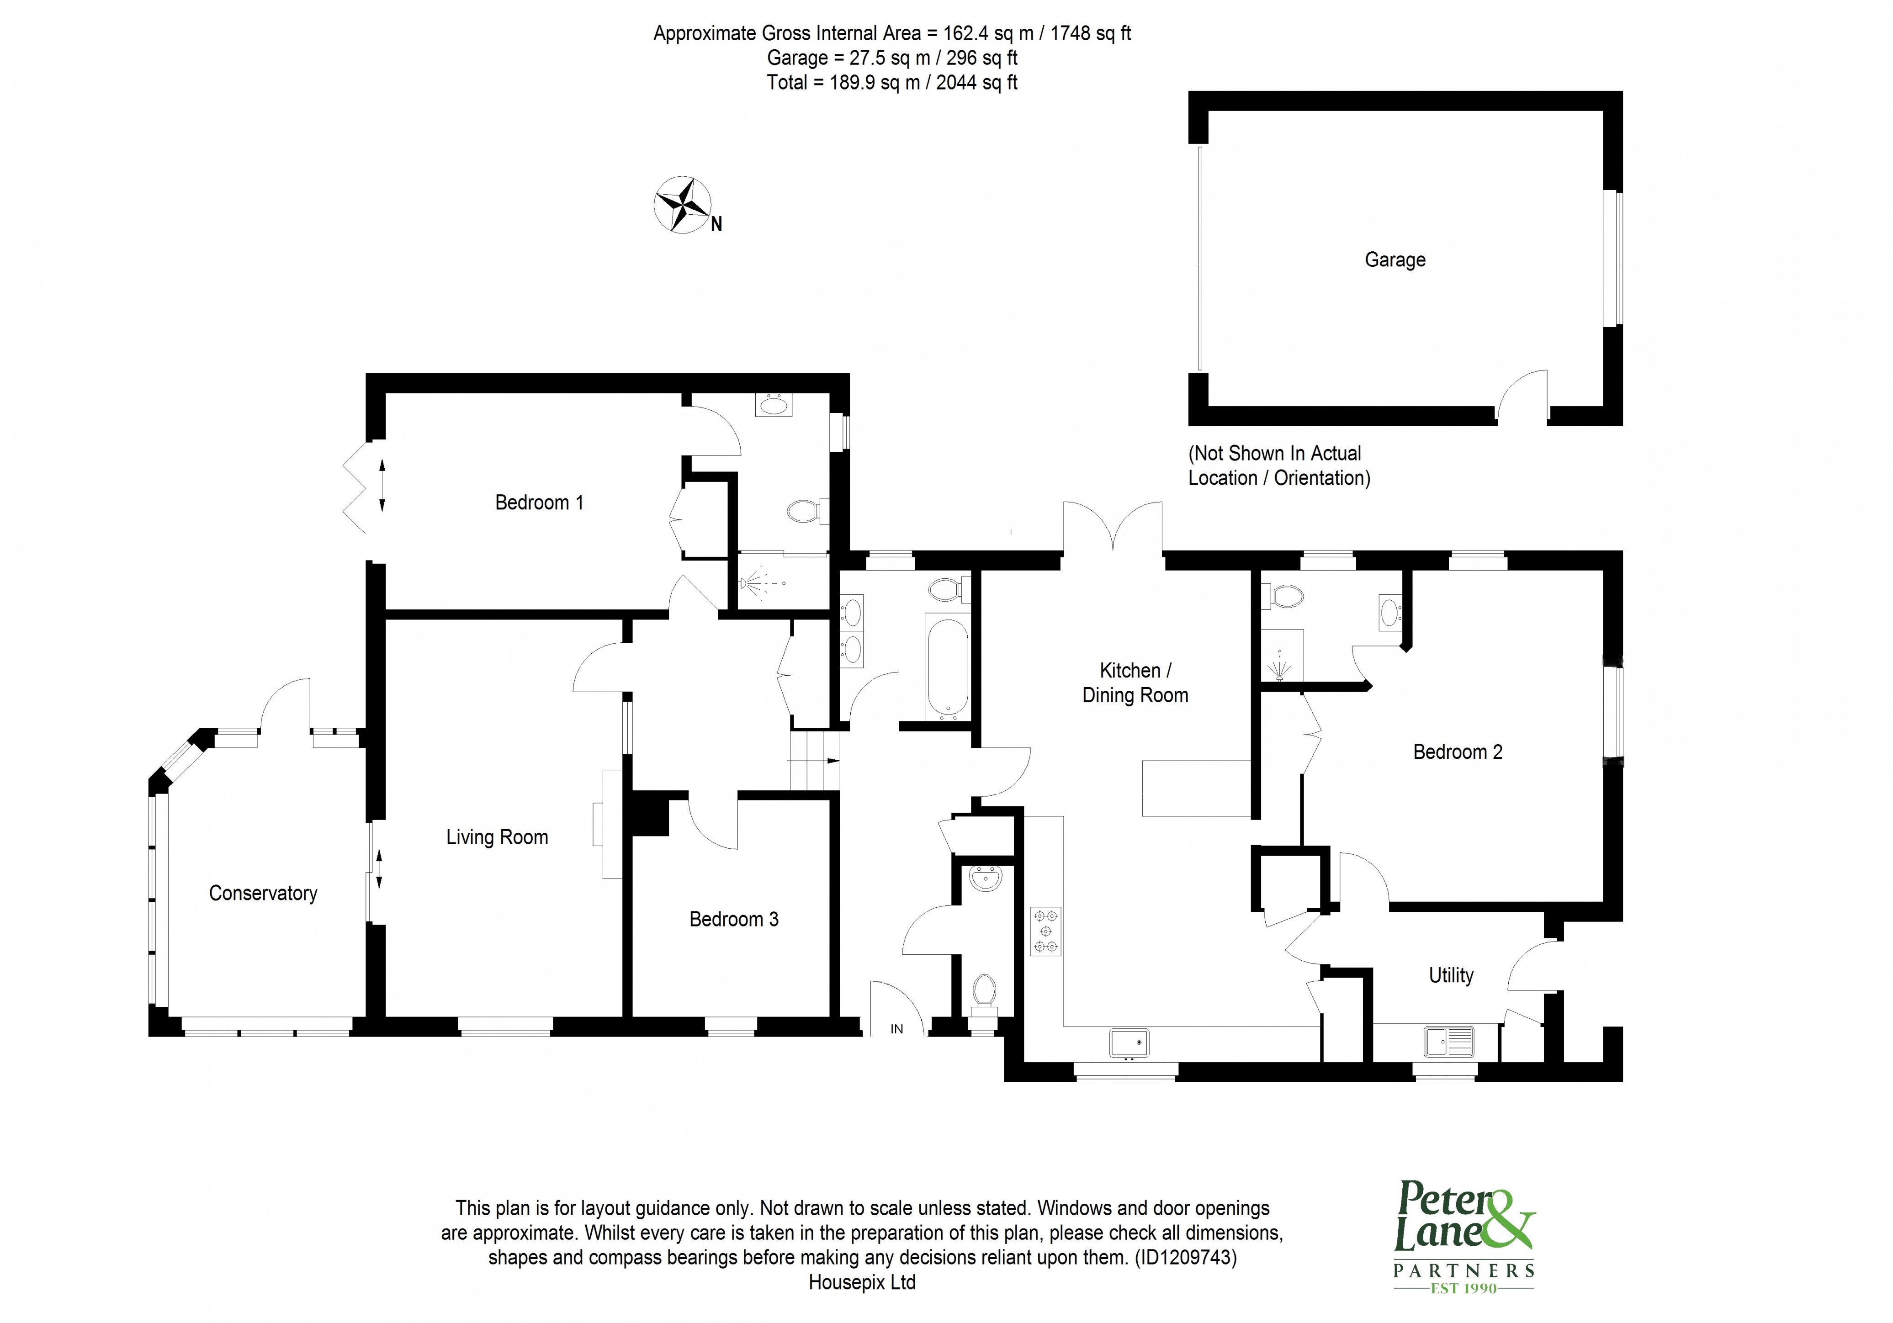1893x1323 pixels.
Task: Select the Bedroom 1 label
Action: (539, 503)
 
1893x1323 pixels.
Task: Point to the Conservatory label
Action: (263, 894)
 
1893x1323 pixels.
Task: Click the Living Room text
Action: (497, 837)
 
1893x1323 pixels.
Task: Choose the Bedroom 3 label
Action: (734, 919)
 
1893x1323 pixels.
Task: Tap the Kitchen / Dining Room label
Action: (1135, 683)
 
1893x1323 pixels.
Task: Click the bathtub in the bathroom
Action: (947, 666)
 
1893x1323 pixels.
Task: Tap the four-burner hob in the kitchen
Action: (1045, 931)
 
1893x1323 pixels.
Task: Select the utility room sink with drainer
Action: (1448, 1041)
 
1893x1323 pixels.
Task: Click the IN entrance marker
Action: (896, 1029)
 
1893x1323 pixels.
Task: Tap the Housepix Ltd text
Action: (862, 1283)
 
